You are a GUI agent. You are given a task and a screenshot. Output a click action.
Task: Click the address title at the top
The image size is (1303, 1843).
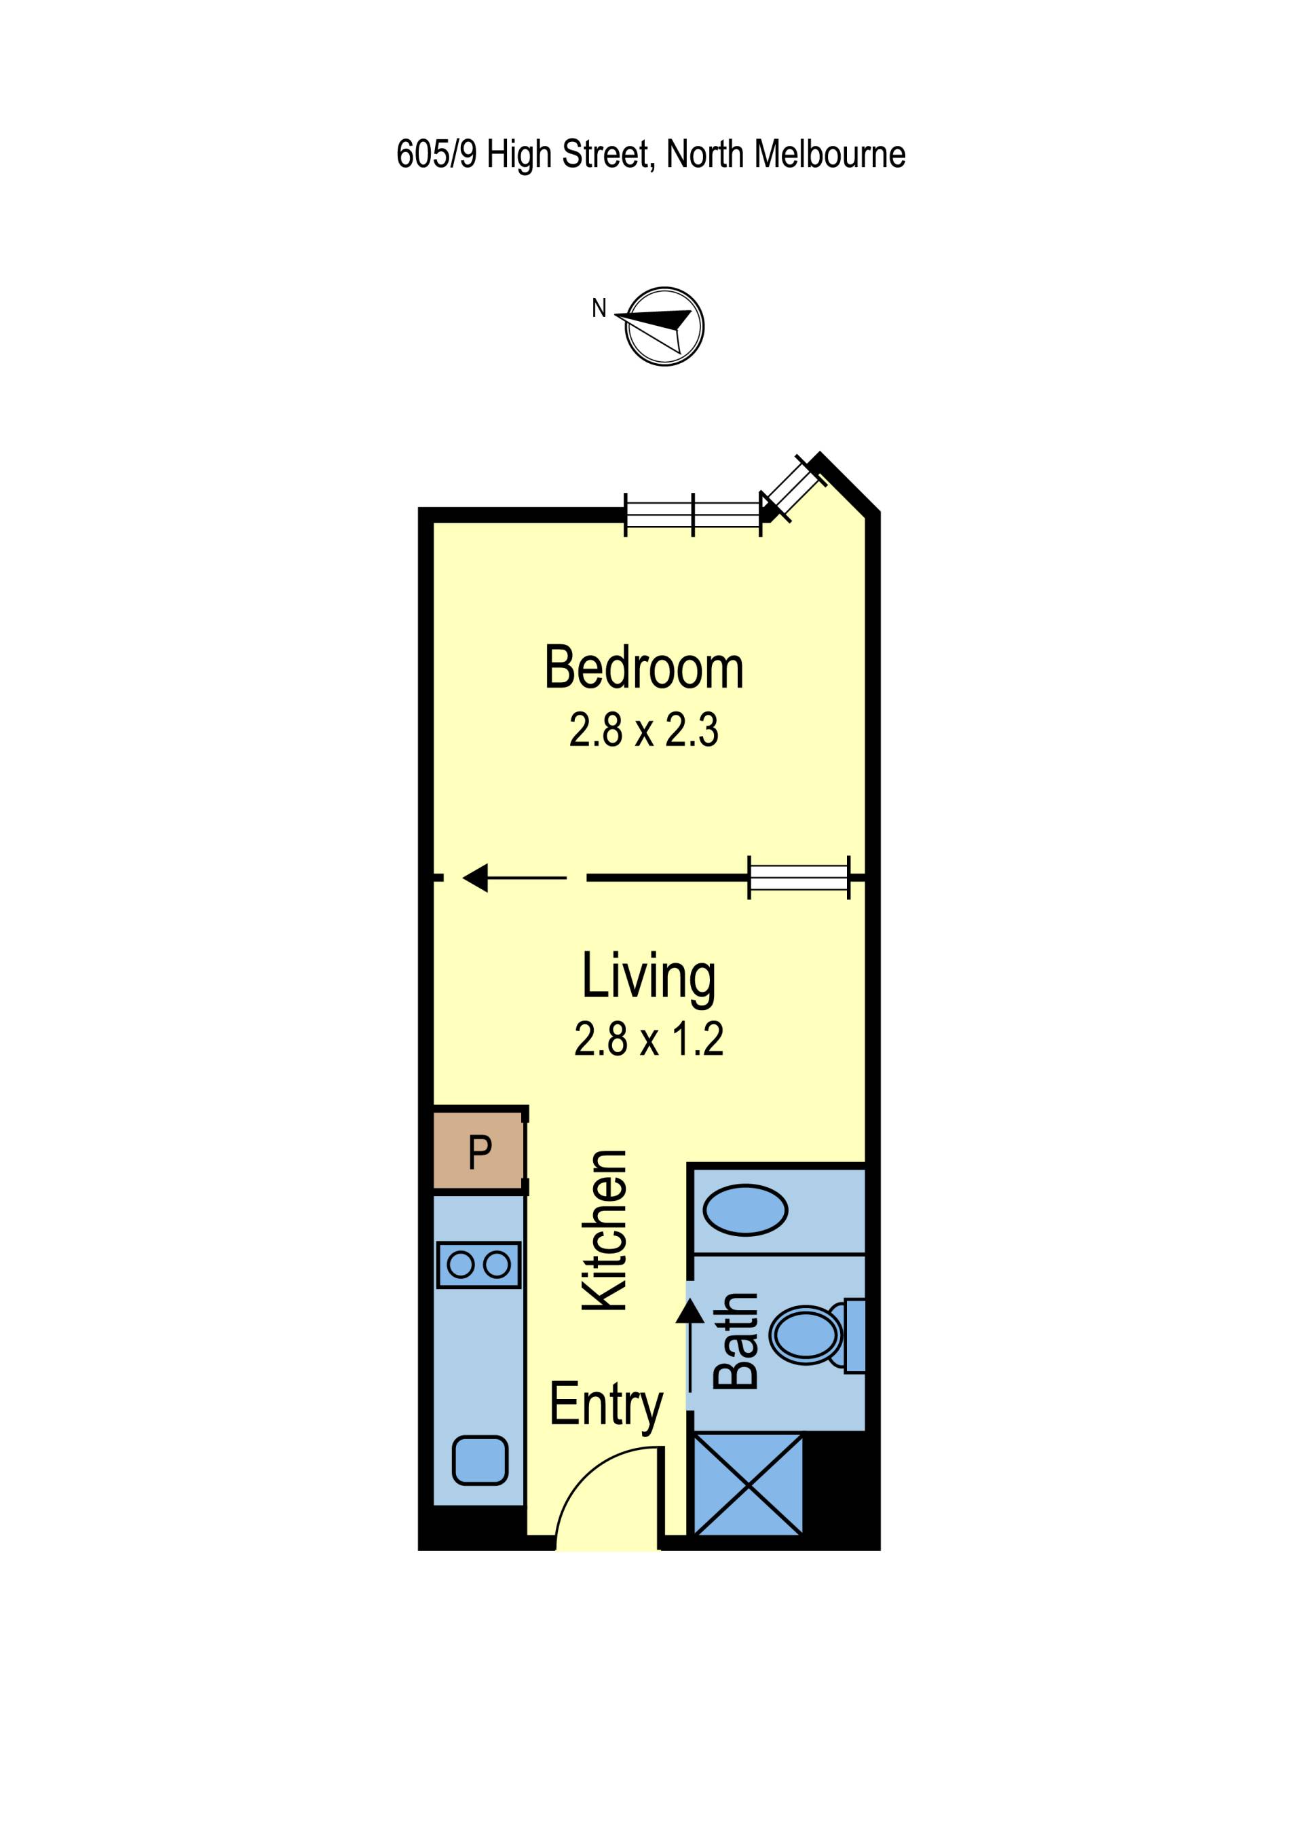coord(651,154)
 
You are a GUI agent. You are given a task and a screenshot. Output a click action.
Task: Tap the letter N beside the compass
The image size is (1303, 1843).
coord(599,308)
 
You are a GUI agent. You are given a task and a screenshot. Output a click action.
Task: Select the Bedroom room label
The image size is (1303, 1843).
coord(644,667)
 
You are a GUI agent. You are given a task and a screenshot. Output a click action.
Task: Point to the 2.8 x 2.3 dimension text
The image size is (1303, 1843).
coord(643,730)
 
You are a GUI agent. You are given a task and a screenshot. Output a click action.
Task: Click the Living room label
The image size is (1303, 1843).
coord(648,977)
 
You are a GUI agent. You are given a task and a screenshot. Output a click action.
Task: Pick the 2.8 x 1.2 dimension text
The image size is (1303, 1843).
coord(648,1039)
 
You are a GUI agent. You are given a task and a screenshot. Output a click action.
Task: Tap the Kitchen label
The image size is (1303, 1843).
coord(604,1231)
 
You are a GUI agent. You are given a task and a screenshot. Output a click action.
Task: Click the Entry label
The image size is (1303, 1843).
coord(607,1404)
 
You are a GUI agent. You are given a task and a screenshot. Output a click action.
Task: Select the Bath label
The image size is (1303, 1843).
coord(735,1341)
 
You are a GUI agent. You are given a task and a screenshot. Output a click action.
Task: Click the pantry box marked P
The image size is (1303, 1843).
coord(479,1152)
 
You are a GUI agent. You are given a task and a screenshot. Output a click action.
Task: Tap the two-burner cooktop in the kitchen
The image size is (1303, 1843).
coord(479,1265)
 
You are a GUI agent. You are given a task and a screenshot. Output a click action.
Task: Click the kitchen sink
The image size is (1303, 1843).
coord(480,1460)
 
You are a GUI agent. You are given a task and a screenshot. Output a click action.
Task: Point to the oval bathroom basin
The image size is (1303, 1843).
coord(745,1210)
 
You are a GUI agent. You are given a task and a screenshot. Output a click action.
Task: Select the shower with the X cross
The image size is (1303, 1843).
coord(748,1486)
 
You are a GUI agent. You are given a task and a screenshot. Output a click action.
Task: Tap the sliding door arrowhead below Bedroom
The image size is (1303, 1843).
coord(476,878)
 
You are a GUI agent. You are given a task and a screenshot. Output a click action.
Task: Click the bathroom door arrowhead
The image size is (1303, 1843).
coord(690,1310)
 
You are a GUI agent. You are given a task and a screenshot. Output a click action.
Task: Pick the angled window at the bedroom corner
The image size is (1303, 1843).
coord(793,487)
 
